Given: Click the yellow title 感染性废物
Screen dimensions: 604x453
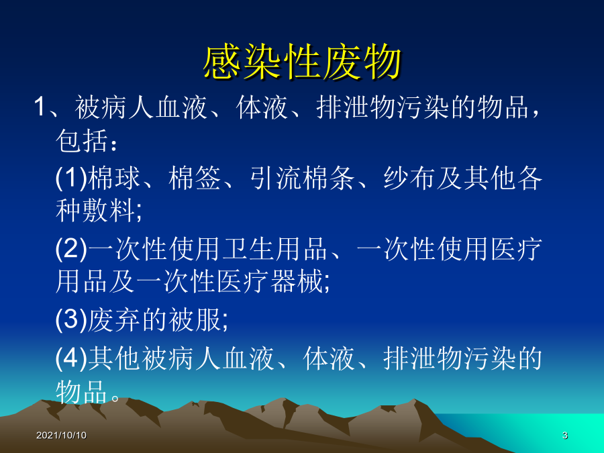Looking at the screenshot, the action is [303, 62].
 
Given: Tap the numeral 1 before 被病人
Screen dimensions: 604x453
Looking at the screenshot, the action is [40, 106].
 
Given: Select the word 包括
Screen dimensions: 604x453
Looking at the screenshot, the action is [82, 141].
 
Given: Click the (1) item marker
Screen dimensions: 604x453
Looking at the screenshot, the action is [71, 178].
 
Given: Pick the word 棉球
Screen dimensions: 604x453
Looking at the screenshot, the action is [114, 178].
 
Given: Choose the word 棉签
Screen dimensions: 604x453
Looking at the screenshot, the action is [195, 178].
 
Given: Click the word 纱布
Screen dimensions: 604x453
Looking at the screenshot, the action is [409, 178].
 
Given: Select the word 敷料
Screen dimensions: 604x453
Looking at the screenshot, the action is [109, 210].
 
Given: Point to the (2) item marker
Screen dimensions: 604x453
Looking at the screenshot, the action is [71, 248].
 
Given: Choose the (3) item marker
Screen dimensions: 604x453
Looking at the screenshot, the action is [71, 319].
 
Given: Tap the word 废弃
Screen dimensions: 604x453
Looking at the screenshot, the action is [114, 319].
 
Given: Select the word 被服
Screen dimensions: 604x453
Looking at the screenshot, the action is [195, 319].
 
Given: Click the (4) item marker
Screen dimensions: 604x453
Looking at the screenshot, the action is [71, 358].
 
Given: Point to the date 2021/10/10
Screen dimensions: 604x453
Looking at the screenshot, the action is [61, 436].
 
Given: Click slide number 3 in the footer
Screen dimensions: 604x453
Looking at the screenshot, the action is [564, 436].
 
